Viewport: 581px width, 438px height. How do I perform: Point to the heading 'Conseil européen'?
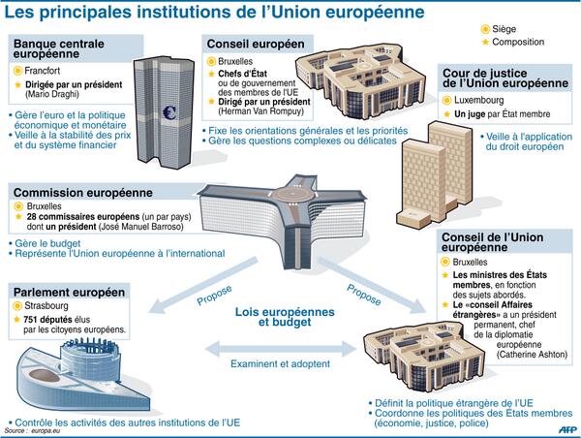(255, 44)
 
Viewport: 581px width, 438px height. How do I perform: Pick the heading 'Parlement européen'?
(70, 292)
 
